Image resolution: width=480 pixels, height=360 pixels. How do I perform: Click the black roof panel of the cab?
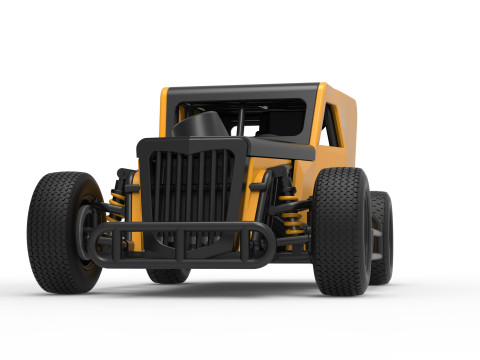coord(245,91)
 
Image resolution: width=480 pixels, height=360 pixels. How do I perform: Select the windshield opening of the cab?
coord(240,117)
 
